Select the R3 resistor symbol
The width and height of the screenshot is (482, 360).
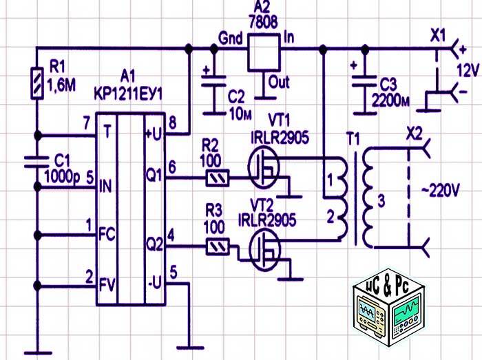pos(218,245)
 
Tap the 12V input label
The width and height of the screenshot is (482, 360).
pos(468,70)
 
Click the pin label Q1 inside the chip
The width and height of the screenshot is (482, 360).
pos(153,177)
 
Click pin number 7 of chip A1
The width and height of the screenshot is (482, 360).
pos(85,122)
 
